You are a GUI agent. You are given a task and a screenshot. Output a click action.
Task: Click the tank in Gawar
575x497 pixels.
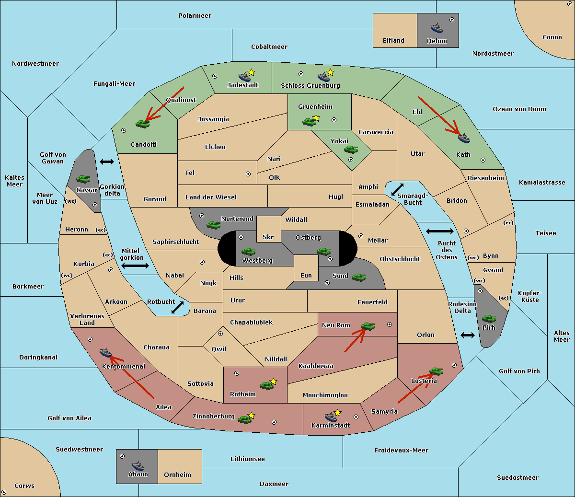[x=83, y=179]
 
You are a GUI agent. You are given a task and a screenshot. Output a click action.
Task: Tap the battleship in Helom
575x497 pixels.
[x=436, y=28]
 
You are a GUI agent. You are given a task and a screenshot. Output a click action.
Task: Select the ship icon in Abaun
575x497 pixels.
[x=138, y=465]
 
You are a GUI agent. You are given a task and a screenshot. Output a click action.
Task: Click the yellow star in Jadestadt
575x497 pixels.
[x=251, y=72]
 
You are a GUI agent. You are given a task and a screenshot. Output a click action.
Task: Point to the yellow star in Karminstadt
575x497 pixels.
[x=337, y=413]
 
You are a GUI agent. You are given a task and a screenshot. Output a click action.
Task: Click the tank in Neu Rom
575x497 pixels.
[x=368, y=326]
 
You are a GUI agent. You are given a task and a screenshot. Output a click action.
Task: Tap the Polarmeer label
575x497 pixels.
[x=195, y=16]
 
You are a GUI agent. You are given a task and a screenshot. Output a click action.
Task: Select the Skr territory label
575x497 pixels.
[x=268, y=237]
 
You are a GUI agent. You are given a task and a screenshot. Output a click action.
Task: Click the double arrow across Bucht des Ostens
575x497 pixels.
[x=439, y=231]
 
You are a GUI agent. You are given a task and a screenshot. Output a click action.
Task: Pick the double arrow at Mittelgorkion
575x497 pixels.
[x=135, y=266]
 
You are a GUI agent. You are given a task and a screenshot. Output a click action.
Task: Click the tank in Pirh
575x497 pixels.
[x=489, y=319]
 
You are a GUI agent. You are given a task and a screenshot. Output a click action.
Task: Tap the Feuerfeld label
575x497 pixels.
[x=372, y=302]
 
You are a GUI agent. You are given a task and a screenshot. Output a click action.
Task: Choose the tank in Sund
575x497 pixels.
[x=359, y=277]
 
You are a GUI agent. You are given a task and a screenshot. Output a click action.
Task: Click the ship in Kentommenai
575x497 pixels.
[x=105, y=353]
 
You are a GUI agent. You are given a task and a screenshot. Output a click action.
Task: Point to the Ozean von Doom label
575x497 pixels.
[x=519, y=109]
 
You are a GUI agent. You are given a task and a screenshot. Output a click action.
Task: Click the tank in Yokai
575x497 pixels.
[x=351, y=150]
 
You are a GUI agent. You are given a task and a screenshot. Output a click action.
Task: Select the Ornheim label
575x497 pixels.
[x=177, y=475]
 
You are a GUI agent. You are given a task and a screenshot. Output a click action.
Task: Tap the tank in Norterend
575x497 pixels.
[x=213, y=225]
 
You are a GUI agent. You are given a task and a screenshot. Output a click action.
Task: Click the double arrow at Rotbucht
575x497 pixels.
[x=177, y=308]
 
